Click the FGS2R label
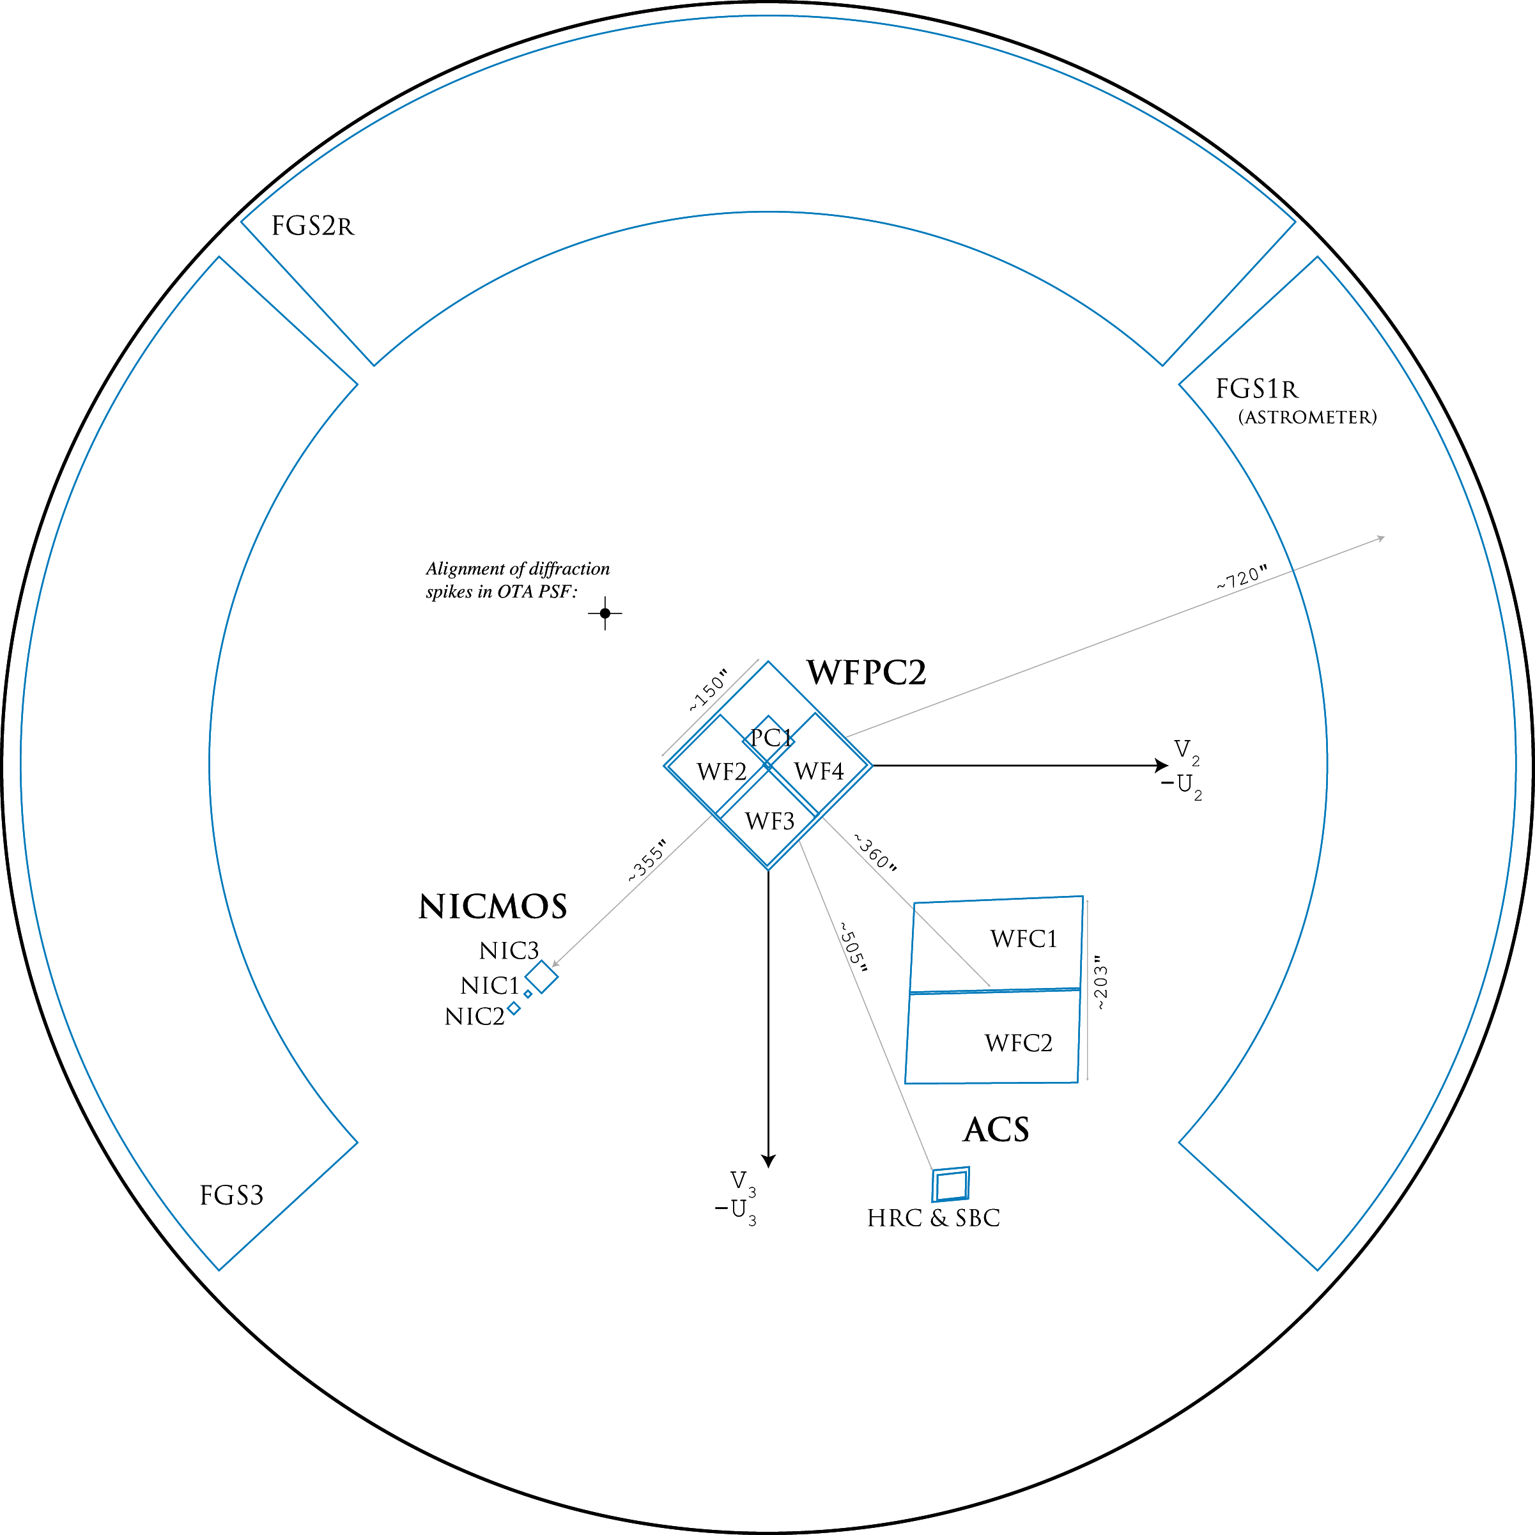[x=312, y=226]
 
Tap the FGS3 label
[x=231, y=1195]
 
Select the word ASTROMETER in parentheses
[x=1307, y=417]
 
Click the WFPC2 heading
[x=866, y=672]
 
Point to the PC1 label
[x=771, y=737]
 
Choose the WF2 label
[x=721, y=771]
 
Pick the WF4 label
[x=819, y=771]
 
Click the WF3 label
[x=769, y=821]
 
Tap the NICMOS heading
[x=493, y=907]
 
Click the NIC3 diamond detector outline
[x=542, y=976]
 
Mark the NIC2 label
[x=474, y=1017]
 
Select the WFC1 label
[x=1023, y=939]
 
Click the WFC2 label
[x=1018, y=1043]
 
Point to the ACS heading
[x=996, y=1130]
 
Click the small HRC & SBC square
[x=950, y=1185]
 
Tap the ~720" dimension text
[x=1241, y=578]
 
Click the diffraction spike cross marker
[x=605, y=613]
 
